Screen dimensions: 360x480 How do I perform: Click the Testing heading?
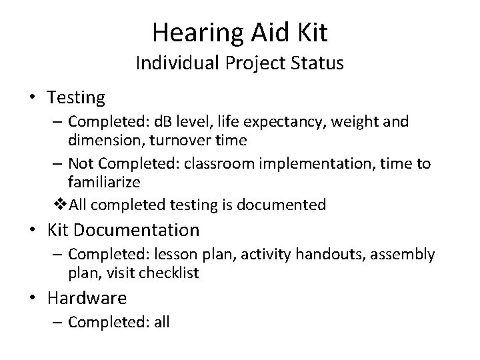(x=76, y=98)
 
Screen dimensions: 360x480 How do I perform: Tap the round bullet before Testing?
(x=33, y=98)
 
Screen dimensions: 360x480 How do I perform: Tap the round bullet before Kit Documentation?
(x=33, y=231)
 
